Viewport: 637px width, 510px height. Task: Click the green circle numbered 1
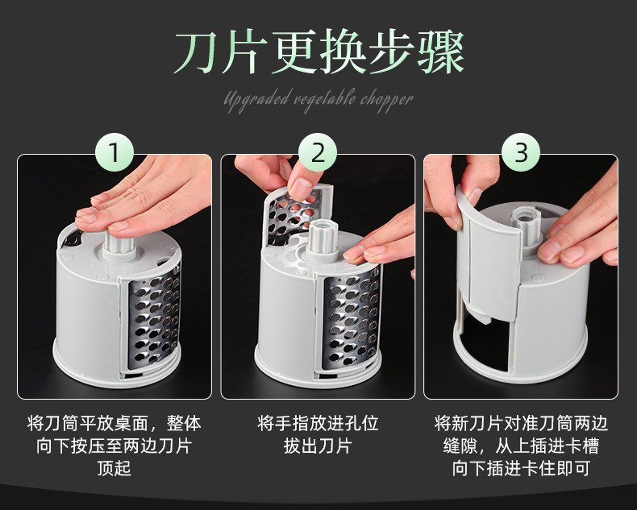[x=114, y=152]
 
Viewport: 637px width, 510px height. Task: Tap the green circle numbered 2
[x=318, y=152]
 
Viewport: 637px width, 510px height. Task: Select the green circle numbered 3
[x=521, y=152]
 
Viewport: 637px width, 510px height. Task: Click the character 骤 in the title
[x=440, y=52]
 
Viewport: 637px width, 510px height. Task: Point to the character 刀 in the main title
[x=196, y=52]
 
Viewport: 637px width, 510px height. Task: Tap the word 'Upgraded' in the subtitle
[x=256, y=100]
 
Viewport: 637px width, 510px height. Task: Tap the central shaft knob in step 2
[x=323, y=242]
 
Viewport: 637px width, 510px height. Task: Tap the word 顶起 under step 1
[x=114, y=468]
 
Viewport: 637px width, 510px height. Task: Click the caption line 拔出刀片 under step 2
[x=318, y=446]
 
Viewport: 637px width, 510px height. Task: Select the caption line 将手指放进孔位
[x=318, y=423]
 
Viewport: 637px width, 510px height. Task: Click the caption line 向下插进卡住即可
[x=521, y=468]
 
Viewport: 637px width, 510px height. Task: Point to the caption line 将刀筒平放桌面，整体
[x=114, y=423]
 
